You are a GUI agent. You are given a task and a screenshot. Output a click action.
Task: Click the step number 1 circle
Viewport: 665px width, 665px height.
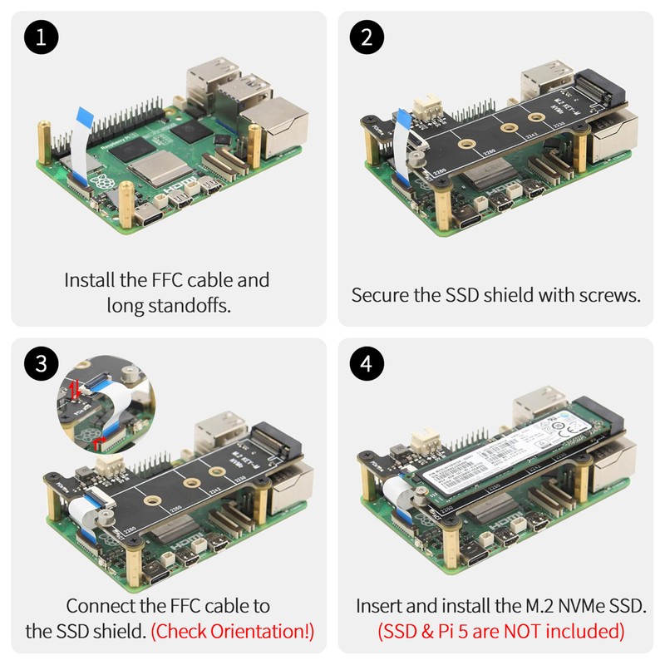(x=40, y=39)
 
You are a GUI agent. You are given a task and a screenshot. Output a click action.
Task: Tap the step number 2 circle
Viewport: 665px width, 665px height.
(x=367, y=39)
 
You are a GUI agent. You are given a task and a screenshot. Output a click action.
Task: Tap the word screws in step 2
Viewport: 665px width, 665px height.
(x=608, y=295)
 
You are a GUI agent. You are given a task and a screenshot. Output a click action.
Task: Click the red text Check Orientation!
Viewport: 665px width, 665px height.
(x=233, y=631)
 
